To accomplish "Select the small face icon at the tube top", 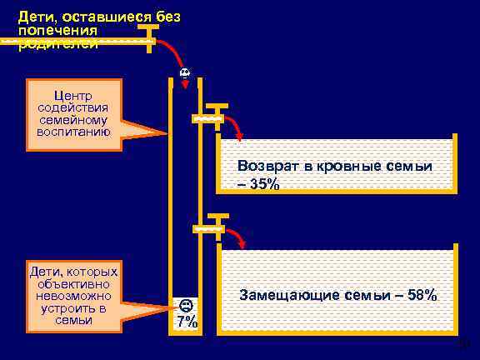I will tap(184, 73).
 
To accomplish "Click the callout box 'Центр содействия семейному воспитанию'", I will tap(75, 113).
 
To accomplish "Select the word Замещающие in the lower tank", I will tap(279, 295).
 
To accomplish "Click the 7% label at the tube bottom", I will tap(186, 322).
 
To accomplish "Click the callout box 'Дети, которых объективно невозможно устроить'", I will tap(73, 297).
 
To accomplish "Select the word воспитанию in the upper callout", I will tap(74, 132).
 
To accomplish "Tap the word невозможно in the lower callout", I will tap(73, 297).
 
